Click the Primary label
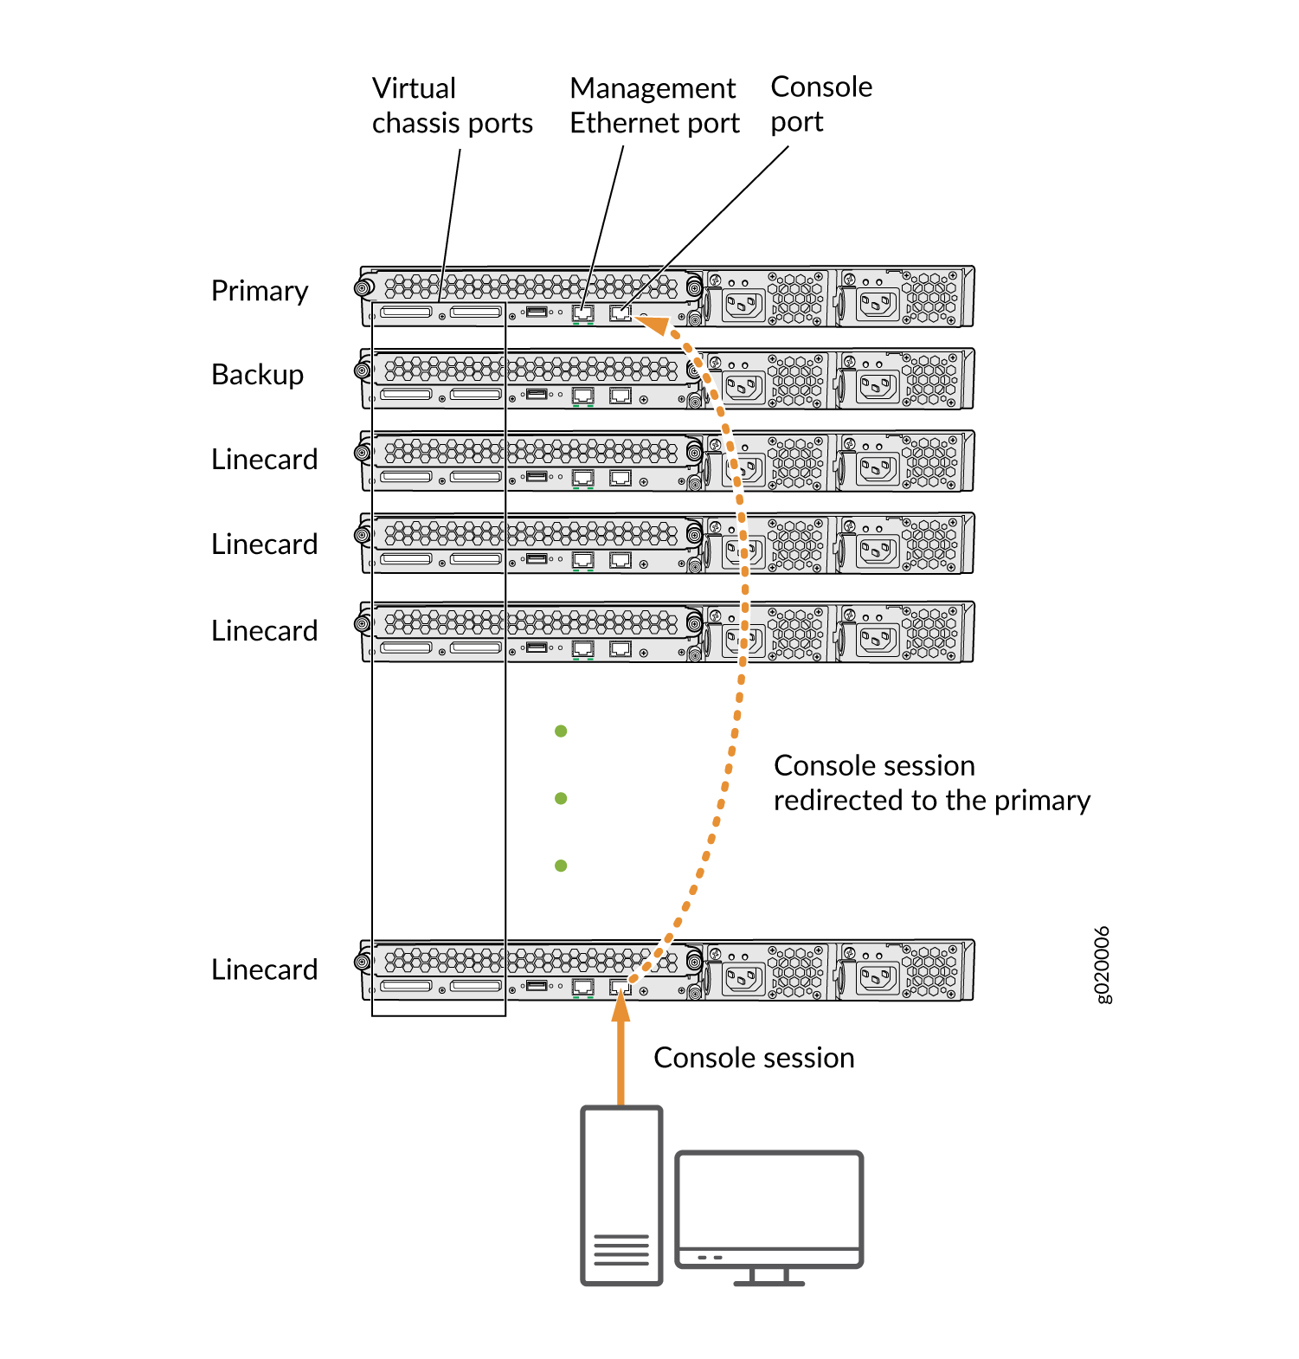tap(260, 292)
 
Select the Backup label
tap(257, 375)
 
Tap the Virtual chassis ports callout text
tap(452, 106)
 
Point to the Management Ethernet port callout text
tap(654, 106)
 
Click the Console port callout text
tap(820, 104)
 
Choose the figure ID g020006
tap(1102, 964)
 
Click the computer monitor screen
tap(768, 1200)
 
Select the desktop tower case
tap(621, 1195)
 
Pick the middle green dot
tap(561, 798)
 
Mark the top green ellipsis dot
tap(561, 731)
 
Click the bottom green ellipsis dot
tap(561, 866)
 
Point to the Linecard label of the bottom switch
tap(264, 969)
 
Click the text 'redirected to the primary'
tap(931, 801)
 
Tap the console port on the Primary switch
tap(621, 312)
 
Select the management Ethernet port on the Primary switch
tap(583, 312)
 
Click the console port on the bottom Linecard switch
tap(620, 986)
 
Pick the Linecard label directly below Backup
tap(264, 460)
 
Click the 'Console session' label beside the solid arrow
tap(754, 1058)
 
